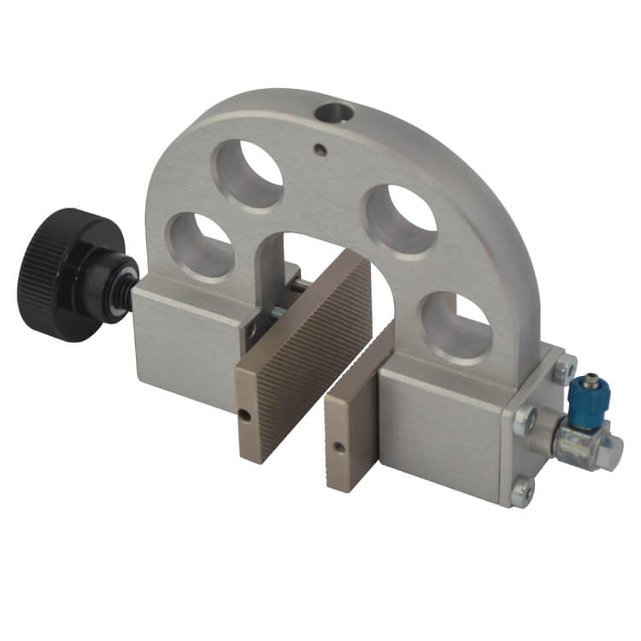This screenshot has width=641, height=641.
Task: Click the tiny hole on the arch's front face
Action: pos(320,150)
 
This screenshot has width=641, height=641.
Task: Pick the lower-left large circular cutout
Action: pos(200,244)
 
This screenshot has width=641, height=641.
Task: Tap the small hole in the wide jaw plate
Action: pos(244,416)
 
